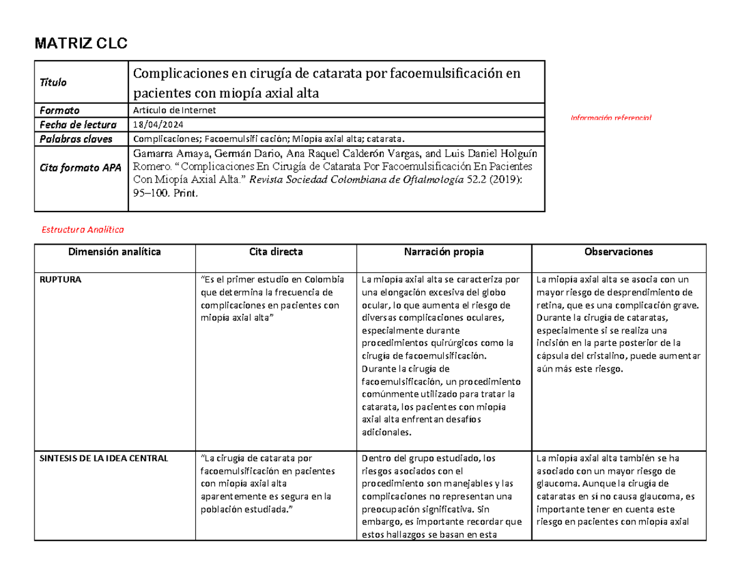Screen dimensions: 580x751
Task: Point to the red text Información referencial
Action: click(x=610, y=118)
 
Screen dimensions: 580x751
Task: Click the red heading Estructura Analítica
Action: click(x=83, y=230)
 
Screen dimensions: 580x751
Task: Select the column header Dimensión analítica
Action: click(x=115, y=252)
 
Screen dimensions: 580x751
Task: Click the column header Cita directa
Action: click(x=275, y=252)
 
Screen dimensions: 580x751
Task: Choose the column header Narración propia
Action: click(x=442, y=252)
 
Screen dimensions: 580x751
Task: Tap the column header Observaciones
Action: click(x=618, y=252)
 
